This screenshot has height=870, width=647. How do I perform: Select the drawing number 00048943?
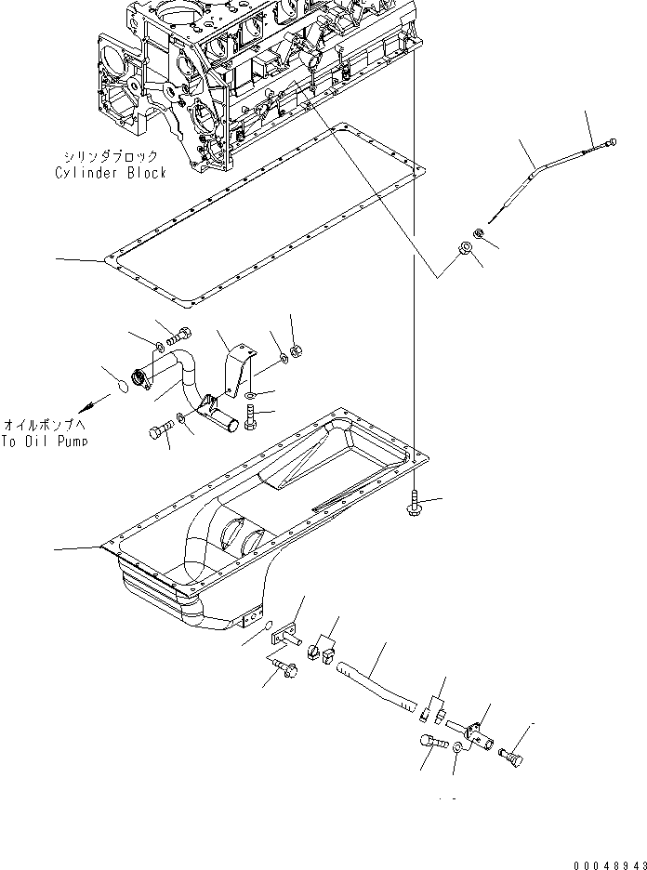pyautogui.click(x=608, y=863)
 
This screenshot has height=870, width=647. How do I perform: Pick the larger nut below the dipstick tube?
pyautogui.click(x=466, y=248)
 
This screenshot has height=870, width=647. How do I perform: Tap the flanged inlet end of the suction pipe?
pyautogui.click(x=142, y=377)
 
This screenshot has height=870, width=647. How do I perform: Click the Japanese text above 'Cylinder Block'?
pyautogui.click(x=110, y=157)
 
